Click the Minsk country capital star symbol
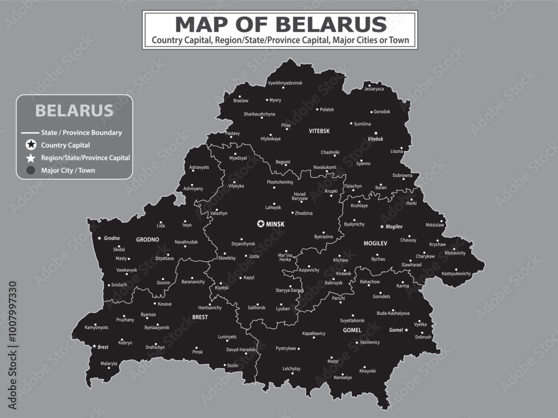click(261, 224)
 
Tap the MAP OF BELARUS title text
click(280, 24)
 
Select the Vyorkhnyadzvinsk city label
click(285, 82)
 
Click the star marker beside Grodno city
click(99, 238)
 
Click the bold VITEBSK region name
click(319, 131)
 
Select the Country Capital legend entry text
click(65, 145)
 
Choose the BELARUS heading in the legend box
click(74, 110)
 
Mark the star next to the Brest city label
click(94, 347)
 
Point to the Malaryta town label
click(109, 363)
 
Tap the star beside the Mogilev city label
click(382, 227)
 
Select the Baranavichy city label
click(194, 281)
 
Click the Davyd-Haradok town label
click(241, 349)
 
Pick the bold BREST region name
click(200, 317)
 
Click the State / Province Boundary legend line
click(29, 133)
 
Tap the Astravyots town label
click(199, 167)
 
